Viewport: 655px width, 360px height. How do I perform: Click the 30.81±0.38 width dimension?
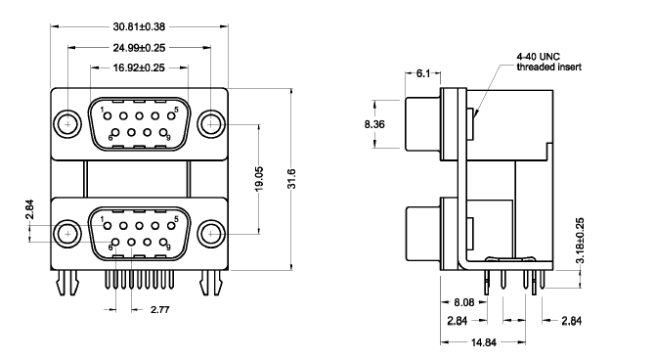(x=139, y=26)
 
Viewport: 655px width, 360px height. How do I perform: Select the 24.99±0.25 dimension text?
(x=139, y=48)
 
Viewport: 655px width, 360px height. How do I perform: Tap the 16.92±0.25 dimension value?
(x=139, y=67)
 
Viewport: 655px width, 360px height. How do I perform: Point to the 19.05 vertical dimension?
(x=259, y=179)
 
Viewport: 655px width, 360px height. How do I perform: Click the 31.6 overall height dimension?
(x=291, y=179)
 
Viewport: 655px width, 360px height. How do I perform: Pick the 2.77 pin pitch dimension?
(x=160, y=309)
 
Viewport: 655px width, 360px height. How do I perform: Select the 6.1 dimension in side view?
(x=423, y=73)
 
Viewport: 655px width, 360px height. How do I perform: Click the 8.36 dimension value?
(x=374, y=124)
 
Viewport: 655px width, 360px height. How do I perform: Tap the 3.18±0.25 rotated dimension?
(x=580, y=240)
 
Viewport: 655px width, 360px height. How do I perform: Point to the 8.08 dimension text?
(x=464, y=302)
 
